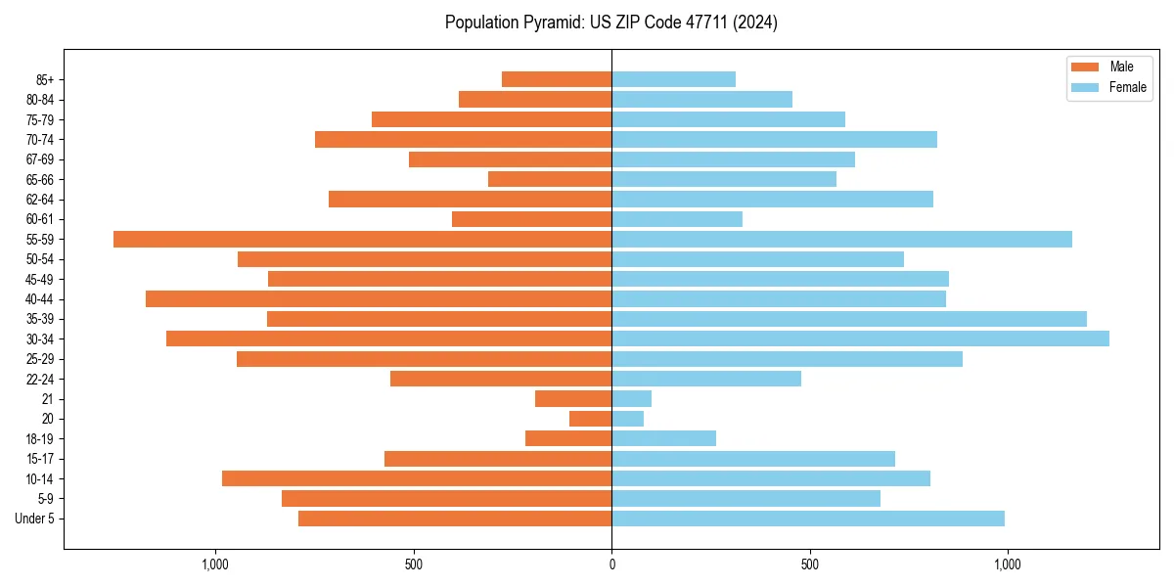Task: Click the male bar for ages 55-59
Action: tap(362, 239)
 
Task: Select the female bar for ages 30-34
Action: tap(860, 339)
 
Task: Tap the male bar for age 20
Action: tap(590, 419)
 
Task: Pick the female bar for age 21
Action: tap(631, 398)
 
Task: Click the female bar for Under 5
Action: tap(807, 519)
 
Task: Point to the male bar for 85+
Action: tap(557, 79)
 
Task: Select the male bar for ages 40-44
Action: tap(379, 298)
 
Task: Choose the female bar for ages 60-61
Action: tap(677, 219)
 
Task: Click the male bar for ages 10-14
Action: tap(417, 478)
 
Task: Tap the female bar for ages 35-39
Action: tap(849, 319)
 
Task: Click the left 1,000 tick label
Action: tap(214, 564)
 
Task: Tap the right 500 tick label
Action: tap(809, 564)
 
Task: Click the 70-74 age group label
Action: tap(40, 140)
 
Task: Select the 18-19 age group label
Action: tap(40, 439)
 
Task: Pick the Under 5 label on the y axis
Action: tap(35, 519)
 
